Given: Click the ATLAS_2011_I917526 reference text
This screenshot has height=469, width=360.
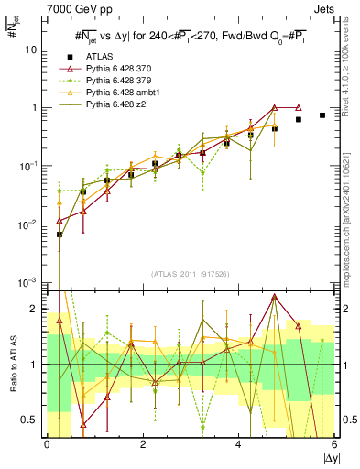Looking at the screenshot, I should coord(190,273).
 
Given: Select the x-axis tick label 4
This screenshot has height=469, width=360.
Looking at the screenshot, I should coord(239,444).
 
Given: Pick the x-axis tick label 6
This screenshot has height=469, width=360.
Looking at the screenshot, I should coord(335,444).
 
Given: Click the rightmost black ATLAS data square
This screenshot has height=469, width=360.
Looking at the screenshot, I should coord(322,115).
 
